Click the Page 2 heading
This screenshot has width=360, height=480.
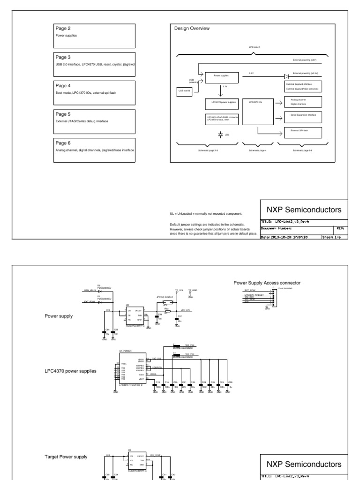63,29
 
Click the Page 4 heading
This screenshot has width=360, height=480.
63,86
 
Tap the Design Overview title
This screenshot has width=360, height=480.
192,29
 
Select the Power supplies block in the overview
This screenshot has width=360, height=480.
221,75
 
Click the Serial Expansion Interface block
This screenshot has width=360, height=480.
303,115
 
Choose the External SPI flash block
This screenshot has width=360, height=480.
303,130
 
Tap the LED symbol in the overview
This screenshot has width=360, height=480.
221,134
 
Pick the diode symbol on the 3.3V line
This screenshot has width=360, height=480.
287,75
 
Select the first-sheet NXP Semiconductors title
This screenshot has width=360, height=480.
304,210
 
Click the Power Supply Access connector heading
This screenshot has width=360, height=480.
267,282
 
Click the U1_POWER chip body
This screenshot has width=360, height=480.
132,367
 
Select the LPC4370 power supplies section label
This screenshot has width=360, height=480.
71,371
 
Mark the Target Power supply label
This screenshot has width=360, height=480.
66,456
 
